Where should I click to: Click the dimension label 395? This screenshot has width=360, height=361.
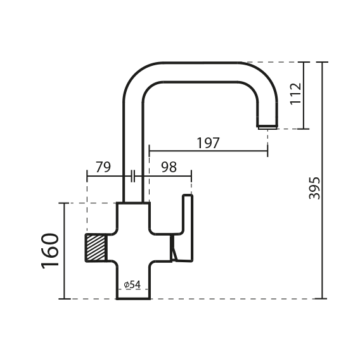[x=314, y=188]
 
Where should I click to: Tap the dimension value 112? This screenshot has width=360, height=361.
[x=296, y=94]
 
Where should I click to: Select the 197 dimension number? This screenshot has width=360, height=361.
[x=208, y=143]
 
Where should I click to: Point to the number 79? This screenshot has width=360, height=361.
[x=103, y=167]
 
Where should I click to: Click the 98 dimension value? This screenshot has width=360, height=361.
[x=169, y=167]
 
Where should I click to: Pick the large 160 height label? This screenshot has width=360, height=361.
[x=50, y=251]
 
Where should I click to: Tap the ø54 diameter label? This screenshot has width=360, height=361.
[x=132, y=284]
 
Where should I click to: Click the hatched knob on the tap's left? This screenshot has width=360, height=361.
[x=96, y=248]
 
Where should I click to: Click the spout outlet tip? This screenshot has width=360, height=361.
[x=267, y=127]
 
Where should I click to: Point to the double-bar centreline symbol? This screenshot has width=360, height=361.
[x=132, y=176]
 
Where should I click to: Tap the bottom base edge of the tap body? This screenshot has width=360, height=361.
[x=134, y=299]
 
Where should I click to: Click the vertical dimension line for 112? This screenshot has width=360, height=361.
[x=304, y=96]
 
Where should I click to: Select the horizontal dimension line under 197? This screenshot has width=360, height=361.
[x=209, y=151]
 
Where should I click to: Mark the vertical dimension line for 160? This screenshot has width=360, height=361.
[x=64, y=251]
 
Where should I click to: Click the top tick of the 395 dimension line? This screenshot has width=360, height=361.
[x=322, y=62]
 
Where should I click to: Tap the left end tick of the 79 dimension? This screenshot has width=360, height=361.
[x=87, y=176]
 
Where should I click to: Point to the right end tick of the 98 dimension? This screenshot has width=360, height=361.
[x=191, y=176]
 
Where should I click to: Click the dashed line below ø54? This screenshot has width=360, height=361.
[x=133, y=289]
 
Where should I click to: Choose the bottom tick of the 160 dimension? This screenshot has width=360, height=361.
[x=65, y=299]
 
